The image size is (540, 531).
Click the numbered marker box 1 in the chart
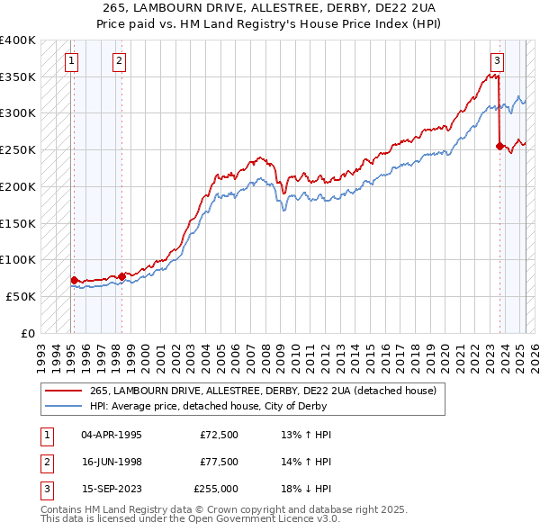pyautogui.click(x=71, y=61)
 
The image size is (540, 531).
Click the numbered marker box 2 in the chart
pyautogui.click(x=119, y=61)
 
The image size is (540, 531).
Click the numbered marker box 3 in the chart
pyautogui.click(x=497, y=61)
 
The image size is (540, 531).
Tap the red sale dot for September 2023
pyautogui.click(x=499, y=145)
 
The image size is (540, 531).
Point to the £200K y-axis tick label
pyautogui.click(x=18, y=186)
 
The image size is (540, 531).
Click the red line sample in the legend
pyautogui.click(x=64, y=391)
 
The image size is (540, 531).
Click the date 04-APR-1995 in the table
pyautogui.click(x=112, y=435)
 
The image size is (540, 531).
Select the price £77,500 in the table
pyautogui.click(x=219, y=462)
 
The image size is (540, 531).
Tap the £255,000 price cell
pyautogui.click(x=216, y=489)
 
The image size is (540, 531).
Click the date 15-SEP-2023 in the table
pyautogui.click(x=112, y=489)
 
